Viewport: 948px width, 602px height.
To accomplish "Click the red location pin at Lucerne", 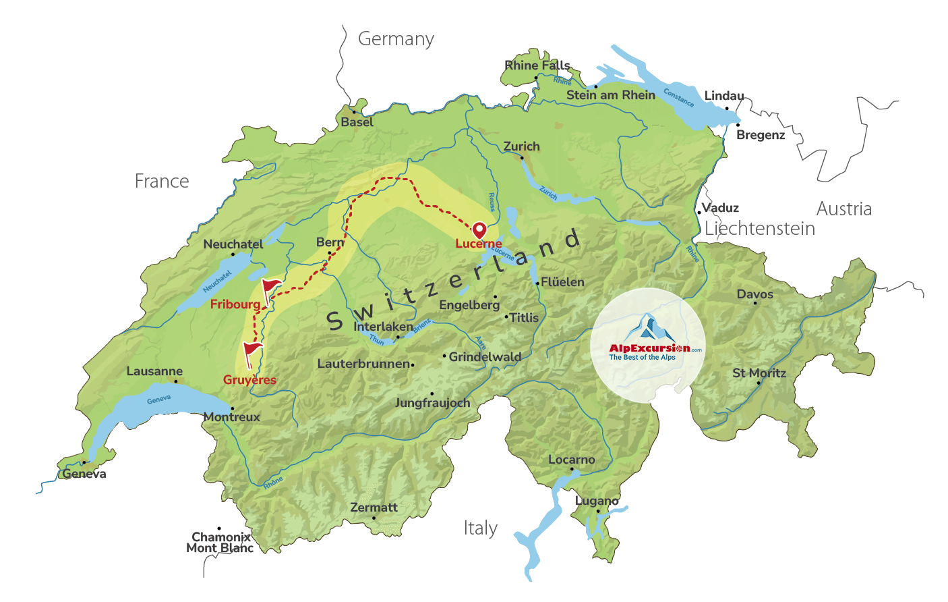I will [x=479, y=230].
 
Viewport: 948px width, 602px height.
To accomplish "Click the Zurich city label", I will [x=521, y=146].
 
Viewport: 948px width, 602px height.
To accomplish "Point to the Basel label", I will [x=357, y=122].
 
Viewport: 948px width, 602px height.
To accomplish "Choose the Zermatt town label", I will [x=374, y=508].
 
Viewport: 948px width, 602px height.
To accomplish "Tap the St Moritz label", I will [x=759, y=373].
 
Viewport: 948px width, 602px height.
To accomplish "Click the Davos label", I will [x=754, y=294].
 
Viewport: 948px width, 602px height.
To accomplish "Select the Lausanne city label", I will [x=154, y=371].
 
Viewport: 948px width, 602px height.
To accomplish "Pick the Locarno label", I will [x=571, y=460].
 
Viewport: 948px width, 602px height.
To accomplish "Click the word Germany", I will [x=396, y=40].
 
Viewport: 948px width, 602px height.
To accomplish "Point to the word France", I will [x=162, y=182].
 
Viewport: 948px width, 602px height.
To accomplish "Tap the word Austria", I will [x=843, y=209].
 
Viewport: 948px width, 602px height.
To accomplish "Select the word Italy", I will [x=480, y=528].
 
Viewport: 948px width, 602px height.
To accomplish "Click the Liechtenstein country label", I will [x=759, y=229].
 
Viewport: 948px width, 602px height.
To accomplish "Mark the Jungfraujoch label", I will [x=432, y=403].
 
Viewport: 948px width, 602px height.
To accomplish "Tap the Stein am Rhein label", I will [x=610, y=95].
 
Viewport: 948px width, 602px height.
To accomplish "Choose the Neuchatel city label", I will [x=233, y=244].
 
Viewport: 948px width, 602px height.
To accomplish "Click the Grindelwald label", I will [x=485, y=357].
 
